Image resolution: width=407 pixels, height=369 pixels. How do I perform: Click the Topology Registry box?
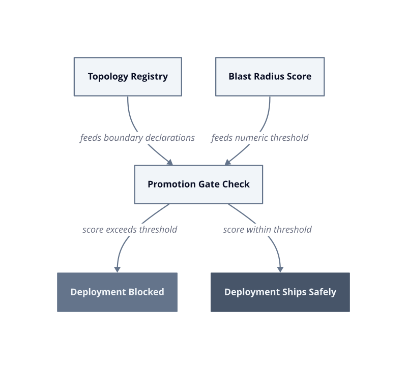click(128, 77)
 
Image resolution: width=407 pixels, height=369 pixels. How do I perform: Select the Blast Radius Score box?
click(270, 77)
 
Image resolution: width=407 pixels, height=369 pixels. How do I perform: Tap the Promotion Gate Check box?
click(198, 184)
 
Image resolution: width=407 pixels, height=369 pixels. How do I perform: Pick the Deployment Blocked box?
click(118, 292)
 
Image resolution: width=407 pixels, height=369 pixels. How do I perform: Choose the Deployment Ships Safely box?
click(280, 292)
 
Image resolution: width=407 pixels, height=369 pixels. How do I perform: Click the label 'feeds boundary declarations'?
click(137, 138)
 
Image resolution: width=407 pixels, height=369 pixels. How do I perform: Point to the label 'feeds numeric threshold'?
click(260, 138)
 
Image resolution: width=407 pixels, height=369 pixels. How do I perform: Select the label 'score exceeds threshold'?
click(130, 230)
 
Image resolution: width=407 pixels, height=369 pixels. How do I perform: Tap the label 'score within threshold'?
click(268, 230)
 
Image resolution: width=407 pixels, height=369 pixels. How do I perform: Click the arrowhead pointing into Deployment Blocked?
click(118, 269)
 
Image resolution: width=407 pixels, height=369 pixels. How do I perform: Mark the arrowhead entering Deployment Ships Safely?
click(280, 269)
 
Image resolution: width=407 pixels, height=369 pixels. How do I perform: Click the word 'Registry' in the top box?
click(149, 77)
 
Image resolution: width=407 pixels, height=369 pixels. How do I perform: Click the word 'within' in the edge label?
click(258, 230)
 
